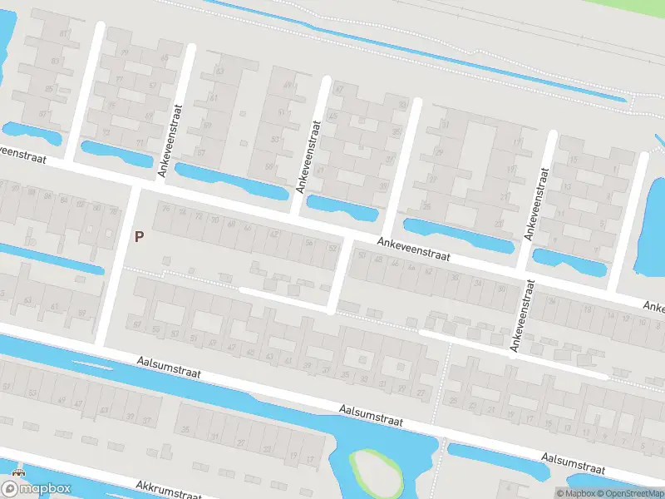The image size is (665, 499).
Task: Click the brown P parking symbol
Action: (x=140, y=236)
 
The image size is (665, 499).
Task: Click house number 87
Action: (x=43, y=114)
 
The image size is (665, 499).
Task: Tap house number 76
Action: (x=165, y=209)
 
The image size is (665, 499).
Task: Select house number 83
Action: (x=55, y=61)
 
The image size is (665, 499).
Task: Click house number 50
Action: (x=361, y=256)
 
